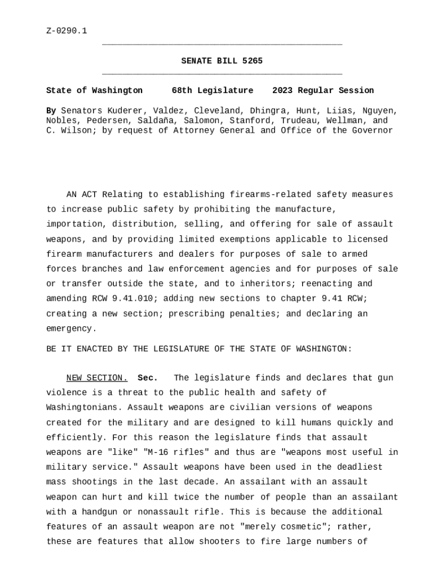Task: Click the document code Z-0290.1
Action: [67, 30]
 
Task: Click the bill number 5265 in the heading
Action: [252, 61]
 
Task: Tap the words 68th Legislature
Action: [212, 90]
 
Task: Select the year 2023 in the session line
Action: [282, 90]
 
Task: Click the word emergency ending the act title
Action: [71, 329]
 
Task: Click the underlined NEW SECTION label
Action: [97, 378]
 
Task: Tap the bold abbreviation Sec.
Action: [148, 378]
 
